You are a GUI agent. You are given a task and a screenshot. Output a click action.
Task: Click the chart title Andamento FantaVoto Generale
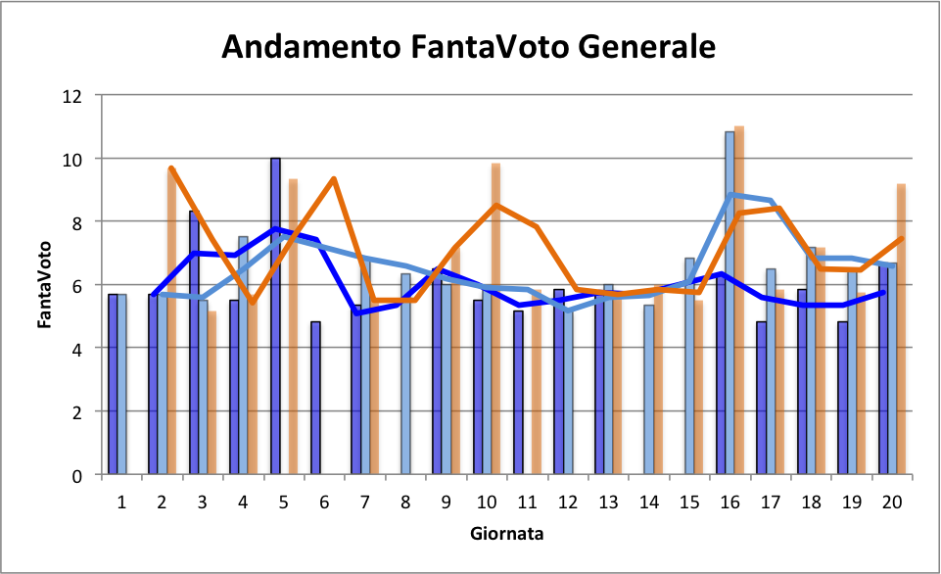click(x=469, y=46)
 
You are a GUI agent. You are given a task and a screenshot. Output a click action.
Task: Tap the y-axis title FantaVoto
click(x=45, y=285)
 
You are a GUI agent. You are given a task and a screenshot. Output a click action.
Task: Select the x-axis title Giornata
click(x=506, y=534)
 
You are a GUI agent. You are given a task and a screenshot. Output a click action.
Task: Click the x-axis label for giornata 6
click(x=324, y=502)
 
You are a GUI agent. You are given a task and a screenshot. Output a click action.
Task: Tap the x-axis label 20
click(x=891, y=502)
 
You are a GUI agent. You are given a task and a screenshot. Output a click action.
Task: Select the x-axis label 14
click(x=648, y=502)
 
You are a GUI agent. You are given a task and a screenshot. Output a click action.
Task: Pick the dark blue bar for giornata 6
click(x=315, y=398)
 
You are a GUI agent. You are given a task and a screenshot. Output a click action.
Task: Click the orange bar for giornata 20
click(x=901, y=329)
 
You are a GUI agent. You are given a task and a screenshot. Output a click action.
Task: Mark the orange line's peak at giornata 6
click(x=334, y=179)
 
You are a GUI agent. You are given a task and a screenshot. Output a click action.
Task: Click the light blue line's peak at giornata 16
click(x=730, y=195)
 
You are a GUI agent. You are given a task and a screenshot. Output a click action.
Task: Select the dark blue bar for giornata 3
click(x=194, y=343)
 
